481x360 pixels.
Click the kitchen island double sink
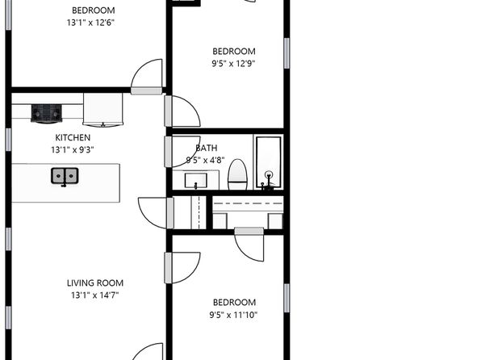point(65,177)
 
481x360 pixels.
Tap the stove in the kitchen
point(46,114)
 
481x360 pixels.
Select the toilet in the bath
point(237,174)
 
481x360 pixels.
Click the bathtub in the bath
point(269,163)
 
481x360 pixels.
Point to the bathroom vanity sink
point(196,181)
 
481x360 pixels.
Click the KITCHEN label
point(73,137)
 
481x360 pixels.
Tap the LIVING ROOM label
point(95,283)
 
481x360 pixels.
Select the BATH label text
point(207,148)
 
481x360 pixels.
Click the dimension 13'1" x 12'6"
point(91,23)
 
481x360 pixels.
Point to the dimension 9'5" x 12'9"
point(233,64)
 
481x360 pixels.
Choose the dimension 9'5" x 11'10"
point(233,315)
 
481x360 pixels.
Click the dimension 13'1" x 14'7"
point(94,295)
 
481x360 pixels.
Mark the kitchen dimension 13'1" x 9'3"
point(73,150)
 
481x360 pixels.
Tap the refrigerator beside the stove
point(102,110)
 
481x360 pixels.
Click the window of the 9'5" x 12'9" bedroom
point(287,53)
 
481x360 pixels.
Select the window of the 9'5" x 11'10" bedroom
point(287,298)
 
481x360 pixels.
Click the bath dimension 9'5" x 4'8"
point(205,160)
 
